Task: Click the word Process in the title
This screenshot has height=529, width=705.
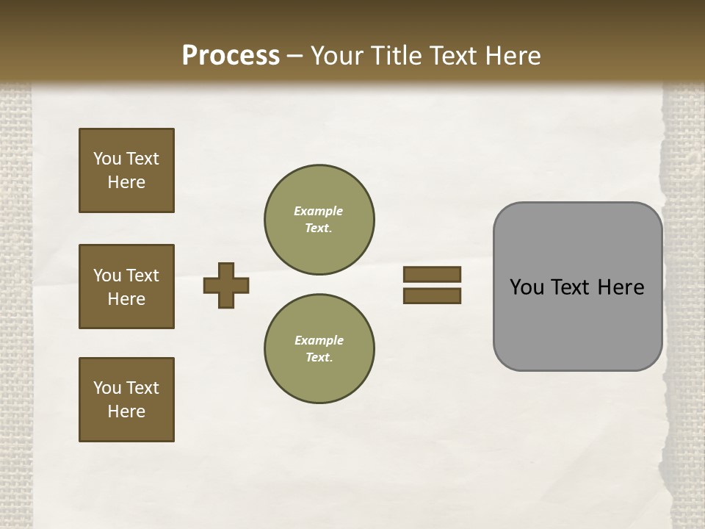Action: [231, 55]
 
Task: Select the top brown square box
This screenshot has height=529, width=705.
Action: [126, 170]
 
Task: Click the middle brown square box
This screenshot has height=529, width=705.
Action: [126, 287]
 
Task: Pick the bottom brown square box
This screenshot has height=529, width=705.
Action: [126, 400]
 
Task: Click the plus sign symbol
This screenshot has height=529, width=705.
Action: [226, 285]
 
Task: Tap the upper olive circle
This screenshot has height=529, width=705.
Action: [319, 220]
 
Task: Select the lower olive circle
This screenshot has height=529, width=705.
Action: [319, 349]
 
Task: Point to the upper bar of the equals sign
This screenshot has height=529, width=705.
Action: [432, 274]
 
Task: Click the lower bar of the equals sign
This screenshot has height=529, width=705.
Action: [432, 295]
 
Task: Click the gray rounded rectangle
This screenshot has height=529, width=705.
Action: [577, 323]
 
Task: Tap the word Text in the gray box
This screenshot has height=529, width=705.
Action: [572, 287]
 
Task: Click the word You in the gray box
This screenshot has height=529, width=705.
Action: [527, 287]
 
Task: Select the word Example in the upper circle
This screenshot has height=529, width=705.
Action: [319, 211]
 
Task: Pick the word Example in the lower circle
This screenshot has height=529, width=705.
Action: [319, 340]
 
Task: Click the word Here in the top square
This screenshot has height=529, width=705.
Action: [126, 182]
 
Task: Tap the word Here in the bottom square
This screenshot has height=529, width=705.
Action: [126, 411]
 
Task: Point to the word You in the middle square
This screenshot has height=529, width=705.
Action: [107, 276]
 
